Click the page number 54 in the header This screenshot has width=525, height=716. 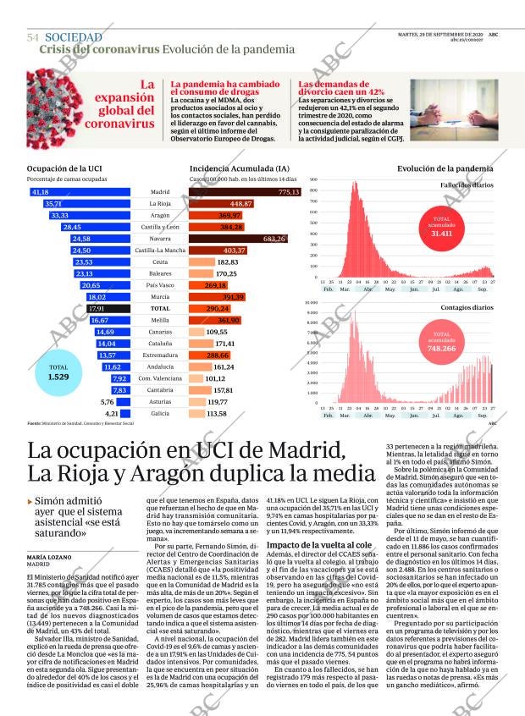point(33,38)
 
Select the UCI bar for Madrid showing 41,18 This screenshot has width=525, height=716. point(80,192)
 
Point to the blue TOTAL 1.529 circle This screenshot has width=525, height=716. point(58,371)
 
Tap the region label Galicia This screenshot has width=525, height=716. point(159,413)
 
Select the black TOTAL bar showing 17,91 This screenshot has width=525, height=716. point(108,309)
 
